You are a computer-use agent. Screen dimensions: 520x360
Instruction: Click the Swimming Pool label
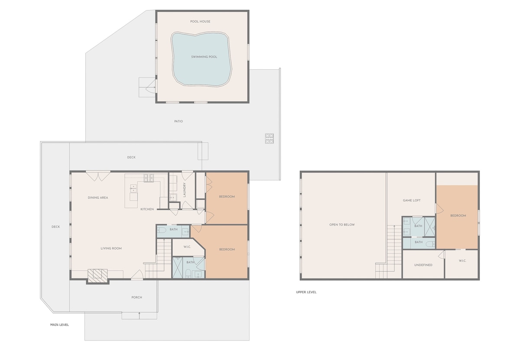point(204,57)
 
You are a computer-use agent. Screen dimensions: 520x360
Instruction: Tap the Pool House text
point(200,22)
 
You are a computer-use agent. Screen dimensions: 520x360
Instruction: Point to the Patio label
point(179,121)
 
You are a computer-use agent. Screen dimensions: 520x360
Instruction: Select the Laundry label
point(185,190)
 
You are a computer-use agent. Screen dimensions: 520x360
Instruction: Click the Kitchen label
point(147,209)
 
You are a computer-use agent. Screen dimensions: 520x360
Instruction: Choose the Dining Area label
point(98,198)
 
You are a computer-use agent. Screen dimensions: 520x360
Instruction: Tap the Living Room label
point(111,248)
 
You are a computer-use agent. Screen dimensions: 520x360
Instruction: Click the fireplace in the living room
point(97,276)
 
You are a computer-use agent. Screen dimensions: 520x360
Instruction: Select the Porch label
point(137,297)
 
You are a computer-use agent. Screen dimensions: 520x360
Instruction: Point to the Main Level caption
point(59,325)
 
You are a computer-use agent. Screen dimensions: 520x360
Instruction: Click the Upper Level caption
point(306,292)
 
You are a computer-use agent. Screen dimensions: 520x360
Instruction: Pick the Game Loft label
point(412,200)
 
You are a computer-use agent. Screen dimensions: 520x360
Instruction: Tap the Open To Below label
point(342,225)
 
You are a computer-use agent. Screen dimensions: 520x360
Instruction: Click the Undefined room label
point(423,265)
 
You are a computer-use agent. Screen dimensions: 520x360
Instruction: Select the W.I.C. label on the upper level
point(462,261)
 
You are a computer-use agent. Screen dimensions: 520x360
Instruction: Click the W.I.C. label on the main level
point(187,247)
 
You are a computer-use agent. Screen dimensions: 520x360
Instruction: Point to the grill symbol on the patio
point(269,138)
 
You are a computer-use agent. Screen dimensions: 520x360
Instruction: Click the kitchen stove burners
point(149,178)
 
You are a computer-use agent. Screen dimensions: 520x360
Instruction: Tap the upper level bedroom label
point(458,216)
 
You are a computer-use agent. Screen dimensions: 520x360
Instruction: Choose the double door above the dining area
point(98,176)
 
